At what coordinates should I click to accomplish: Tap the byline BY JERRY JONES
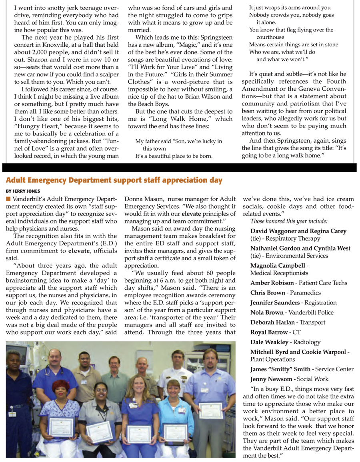tap(23, 191)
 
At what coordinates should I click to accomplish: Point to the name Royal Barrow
tap(269, 332)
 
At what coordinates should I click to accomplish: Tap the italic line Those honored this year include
tap(289, 221)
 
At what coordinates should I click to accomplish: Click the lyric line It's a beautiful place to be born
tap(174, 155)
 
